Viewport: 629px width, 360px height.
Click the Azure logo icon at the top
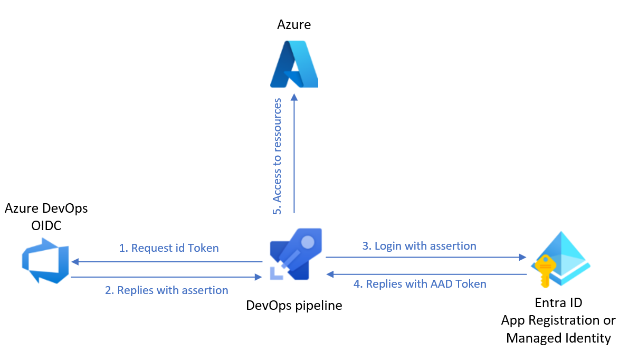(x=294, y=64)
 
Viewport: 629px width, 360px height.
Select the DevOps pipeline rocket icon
(x=296, y=253)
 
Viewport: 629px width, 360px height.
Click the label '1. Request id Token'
(x=168, y=248)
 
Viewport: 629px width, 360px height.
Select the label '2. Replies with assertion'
(x=166, y=290)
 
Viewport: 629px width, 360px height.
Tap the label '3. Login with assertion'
(x=419, y=246)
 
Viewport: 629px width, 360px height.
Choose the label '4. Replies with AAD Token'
(x=420, y=284)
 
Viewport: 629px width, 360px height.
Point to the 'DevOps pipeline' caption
(x=294, y=305)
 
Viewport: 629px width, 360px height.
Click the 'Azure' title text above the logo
(x=294, y=24)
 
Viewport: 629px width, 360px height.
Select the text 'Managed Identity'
(x=558, y=338)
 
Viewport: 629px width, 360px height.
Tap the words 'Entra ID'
(x=558, y=304)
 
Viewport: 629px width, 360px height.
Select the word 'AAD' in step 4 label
(x=442, y=284)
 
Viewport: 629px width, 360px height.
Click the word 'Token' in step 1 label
(x=203, y=248)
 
